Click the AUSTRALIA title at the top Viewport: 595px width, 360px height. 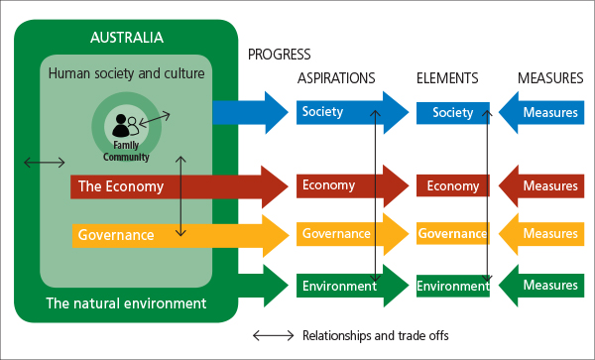point(126,38)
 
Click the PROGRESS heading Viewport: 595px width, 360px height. point(279,55)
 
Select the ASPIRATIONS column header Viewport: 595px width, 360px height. point(336,77)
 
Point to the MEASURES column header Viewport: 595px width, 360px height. point(549,77)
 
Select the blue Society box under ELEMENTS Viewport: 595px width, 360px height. point(452,113)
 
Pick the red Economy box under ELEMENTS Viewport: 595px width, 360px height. point(452,185)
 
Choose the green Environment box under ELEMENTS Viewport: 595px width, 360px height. point(452,286)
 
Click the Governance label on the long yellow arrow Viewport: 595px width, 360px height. point(116,235)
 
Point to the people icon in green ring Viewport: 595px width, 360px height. point(126,125)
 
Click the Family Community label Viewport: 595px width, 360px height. point(126,151)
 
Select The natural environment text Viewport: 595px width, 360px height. point(126,303)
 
